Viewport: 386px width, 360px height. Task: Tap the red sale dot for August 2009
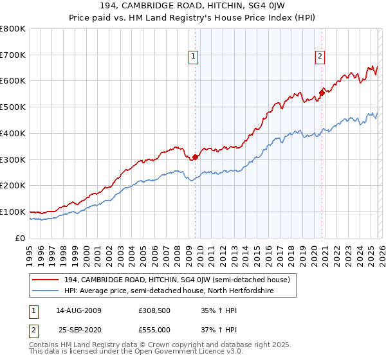(195, 157)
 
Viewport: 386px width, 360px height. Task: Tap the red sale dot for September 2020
(322, 92)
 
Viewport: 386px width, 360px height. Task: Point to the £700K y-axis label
(13, 55)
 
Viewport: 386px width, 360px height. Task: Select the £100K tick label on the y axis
(13, 212)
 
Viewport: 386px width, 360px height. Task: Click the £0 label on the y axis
(19, 238)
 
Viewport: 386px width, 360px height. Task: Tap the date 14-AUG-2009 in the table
(78, 310)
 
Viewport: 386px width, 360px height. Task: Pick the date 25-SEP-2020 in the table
(78, 329)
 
